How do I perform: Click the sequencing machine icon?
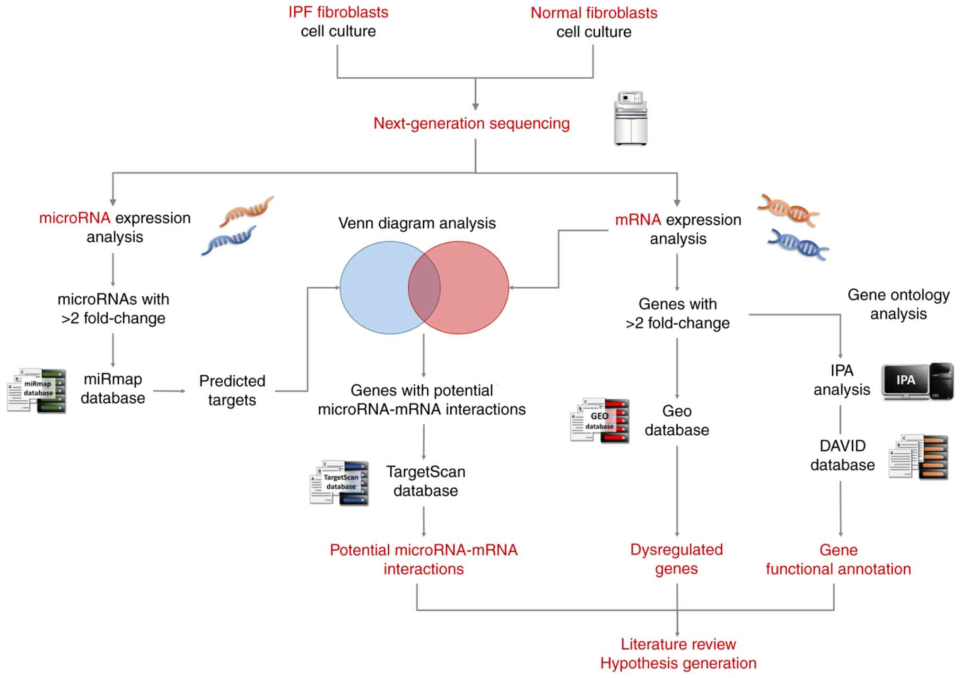630,118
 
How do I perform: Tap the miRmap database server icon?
37,391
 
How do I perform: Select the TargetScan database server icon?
339,483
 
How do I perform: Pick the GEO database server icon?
600,420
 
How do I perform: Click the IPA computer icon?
917,381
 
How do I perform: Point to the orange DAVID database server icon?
918,457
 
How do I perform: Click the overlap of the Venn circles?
424,288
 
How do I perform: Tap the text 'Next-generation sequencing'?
472,123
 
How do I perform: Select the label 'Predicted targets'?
232,390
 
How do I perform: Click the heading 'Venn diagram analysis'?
417,223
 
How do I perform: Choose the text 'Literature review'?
678,644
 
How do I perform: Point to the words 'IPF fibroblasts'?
338,12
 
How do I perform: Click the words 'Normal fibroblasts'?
594,13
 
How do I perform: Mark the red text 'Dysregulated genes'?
676,559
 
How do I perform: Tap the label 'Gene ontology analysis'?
898,304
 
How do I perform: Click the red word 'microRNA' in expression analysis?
74,218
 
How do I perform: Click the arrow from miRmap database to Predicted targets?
169,391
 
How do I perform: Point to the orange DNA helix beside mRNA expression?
788,210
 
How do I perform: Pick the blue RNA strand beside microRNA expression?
229,240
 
